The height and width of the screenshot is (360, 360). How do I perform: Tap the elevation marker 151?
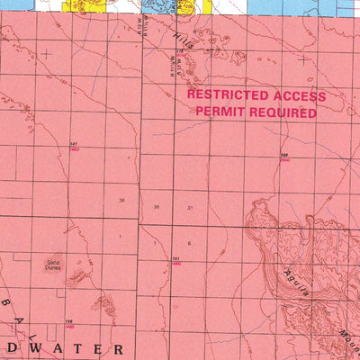pos(177,260)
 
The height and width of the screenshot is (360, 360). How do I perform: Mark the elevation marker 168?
pos(284,157)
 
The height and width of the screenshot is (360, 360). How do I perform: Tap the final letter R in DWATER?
pos(116,346)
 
